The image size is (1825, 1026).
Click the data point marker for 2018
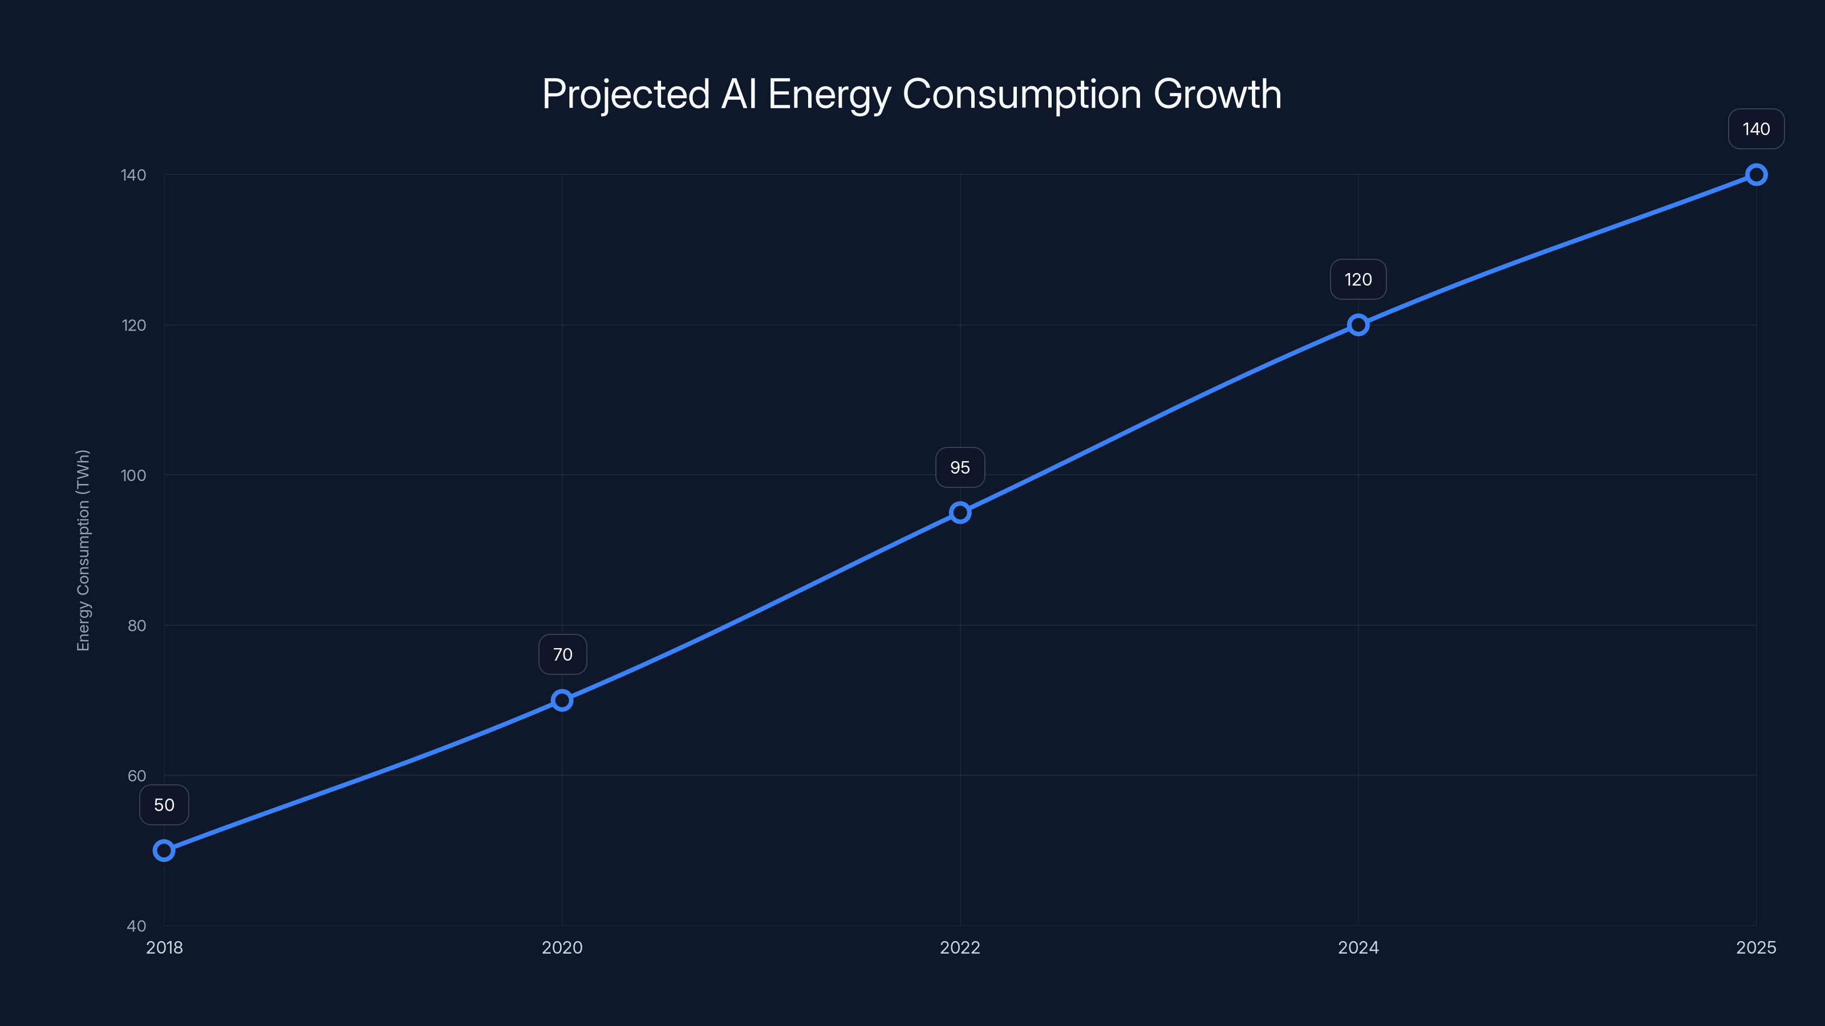click(164, 850)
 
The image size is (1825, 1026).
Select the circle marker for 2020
click(562, 701)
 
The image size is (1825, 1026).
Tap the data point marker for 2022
click(960, 512)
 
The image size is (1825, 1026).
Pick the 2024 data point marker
click(1358, 325)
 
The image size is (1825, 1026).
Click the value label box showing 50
click(164, 805)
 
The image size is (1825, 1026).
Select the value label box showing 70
click(562, 654)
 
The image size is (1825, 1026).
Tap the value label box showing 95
click(960, 467)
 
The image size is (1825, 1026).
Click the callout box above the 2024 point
click(1358, 280)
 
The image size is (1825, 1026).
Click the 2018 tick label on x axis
click(164, 947)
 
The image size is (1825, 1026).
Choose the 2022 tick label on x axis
click(960, 947)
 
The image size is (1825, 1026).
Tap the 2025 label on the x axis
click(1755, 947)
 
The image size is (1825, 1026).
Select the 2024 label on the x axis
click(1358, 947)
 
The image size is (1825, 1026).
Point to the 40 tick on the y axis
click(136, 926)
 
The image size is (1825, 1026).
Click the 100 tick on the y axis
click(133, 475)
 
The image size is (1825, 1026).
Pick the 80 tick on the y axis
click(136, 625)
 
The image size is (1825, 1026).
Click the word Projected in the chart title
click(626, 94)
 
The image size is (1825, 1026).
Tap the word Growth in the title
click(1217, 94)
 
